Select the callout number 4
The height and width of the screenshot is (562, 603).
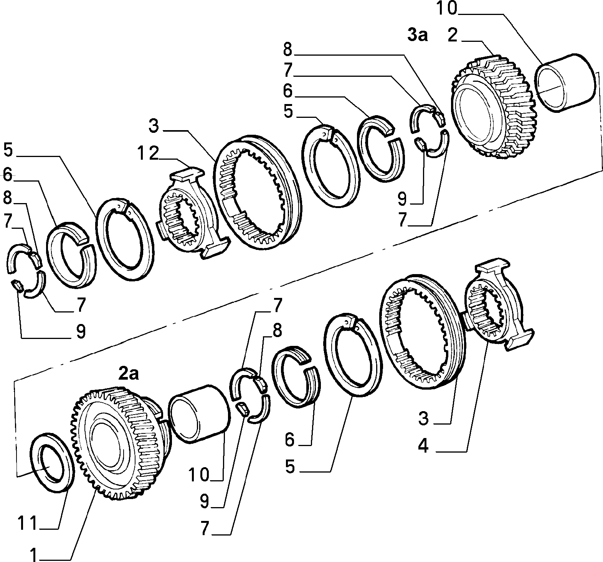tap(423, 446)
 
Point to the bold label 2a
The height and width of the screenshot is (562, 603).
tap(128, 374)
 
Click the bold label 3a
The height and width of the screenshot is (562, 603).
tap(417, 35)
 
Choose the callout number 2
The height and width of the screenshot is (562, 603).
tap(453, 35)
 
